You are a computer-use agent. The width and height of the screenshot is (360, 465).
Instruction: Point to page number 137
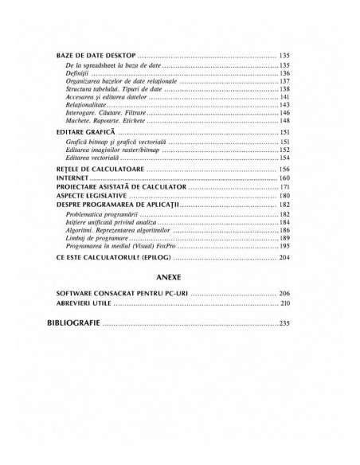point(284,81)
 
